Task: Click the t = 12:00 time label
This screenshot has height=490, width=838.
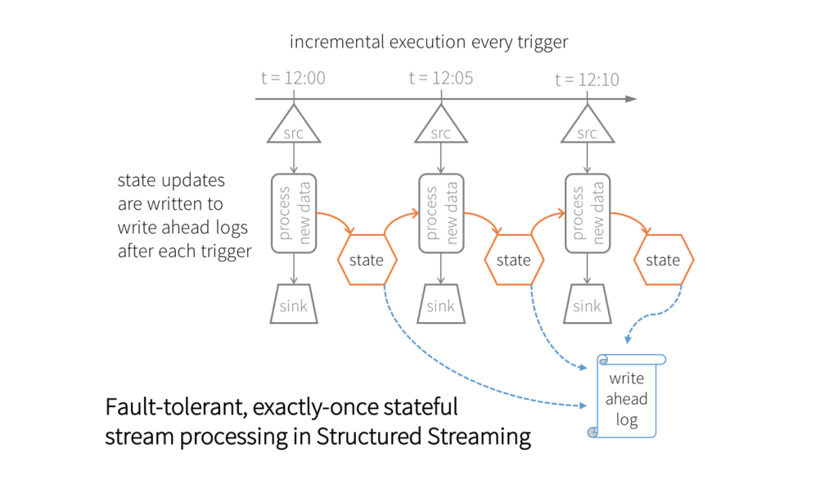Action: click(x=293, y=79)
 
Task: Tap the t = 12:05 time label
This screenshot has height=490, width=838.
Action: click(x=440, y=79)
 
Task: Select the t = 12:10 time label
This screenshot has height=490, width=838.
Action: click(x=587, y=79)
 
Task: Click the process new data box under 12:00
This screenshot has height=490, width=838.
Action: click(x=293, y=211)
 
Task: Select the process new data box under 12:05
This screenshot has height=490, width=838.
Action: click(x=441, y=211)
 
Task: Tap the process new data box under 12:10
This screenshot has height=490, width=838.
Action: click(x=588, y=211)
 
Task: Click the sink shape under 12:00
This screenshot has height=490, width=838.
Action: click(x=294, y=306)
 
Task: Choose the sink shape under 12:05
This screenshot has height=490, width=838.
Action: click(x=440, y=306)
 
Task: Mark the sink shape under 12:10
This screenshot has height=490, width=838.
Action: click(x=587, y=306)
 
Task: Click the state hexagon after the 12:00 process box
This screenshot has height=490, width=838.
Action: click(x=367, y=260)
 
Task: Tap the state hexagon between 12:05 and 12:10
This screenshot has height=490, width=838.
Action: click(x=514, y=260)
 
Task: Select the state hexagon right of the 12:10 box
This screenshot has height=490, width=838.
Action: click(x=663, y=260)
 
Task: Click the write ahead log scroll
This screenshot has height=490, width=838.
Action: click(x=628, y=397)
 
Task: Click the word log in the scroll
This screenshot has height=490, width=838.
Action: click(x=628, y=420)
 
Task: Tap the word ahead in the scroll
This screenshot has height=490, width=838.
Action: click(x=628, y=399)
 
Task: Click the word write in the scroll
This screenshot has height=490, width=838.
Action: click(x=628, y=379)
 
